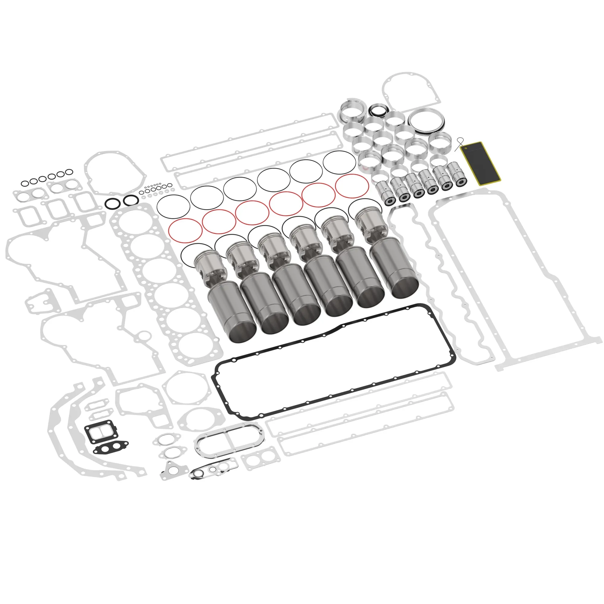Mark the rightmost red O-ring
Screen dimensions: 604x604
pos(352,186)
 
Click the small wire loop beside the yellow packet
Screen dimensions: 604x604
pos(459,143)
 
